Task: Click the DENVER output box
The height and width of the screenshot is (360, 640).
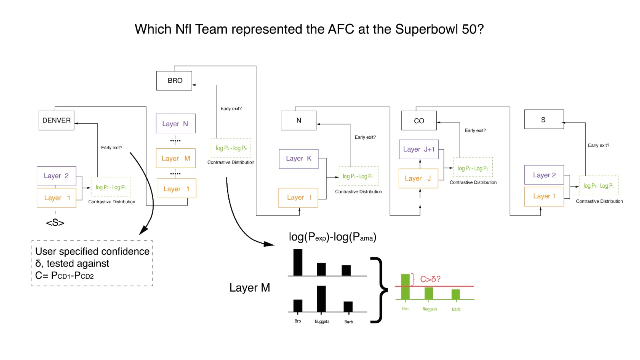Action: click(x=56, y=120)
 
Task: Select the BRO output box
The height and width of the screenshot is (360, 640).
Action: click(x=174, y=81)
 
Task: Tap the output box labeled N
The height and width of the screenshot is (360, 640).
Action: click(x=298, y=120)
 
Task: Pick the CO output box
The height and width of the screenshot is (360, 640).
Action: click(x=419, y=121)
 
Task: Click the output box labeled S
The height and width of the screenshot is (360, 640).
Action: click(x=544, y=120)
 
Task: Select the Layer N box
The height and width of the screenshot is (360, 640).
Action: click(x=175, y=124)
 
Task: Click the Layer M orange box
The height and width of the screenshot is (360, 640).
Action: click(x=176, y=158)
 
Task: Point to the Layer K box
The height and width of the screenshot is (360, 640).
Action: click(x=298, y=158)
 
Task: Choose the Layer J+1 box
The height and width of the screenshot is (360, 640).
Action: click(x=419, y=149)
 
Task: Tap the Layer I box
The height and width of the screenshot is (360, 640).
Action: click(x=298, y=198)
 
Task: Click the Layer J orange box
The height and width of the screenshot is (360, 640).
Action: click(x=418, y=178)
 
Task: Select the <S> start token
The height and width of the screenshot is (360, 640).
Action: click(x=55, y=223)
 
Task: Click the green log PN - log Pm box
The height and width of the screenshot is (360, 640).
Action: click(x=231, y=148)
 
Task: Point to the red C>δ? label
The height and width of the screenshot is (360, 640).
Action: click(x=430, y=279)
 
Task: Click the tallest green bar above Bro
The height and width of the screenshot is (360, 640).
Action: click(x=405, y=286)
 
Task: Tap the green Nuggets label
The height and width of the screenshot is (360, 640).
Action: click(x=430, y=309)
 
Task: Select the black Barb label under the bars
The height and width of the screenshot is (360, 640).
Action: click(x=349, y=322)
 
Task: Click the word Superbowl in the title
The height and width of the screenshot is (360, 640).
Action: click(x=427, y=29)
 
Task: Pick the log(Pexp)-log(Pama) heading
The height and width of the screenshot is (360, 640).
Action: click(x=332, y=237)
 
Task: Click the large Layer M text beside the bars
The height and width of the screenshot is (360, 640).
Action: click(x=250, y=288)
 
